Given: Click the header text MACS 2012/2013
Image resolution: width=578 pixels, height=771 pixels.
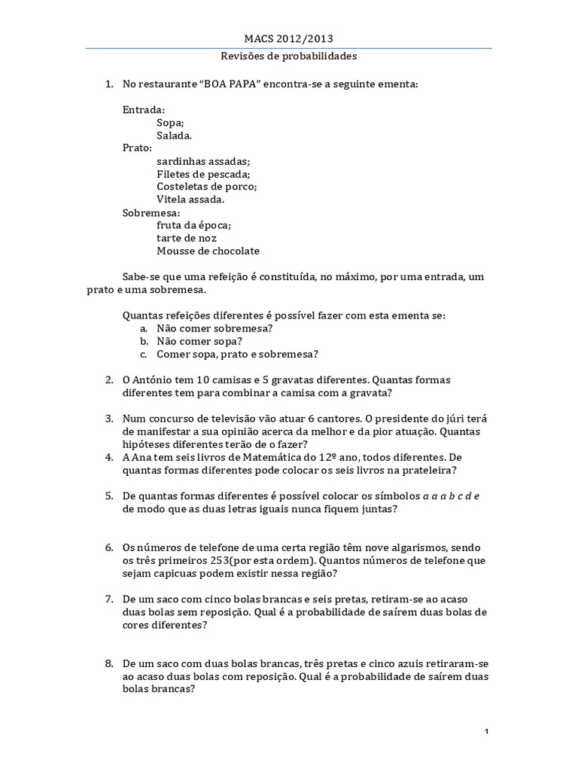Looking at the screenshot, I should coord(289,38).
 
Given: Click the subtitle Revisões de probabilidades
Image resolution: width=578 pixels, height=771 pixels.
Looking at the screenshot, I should coord(289,56).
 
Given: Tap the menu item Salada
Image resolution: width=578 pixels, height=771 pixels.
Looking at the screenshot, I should coord(175,136).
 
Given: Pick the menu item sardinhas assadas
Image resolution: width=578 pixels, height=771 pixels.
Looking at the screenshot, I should coord(204,161).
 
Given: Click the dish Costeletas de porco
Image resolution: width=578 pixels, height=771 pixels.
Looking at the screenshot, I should coord(207,187).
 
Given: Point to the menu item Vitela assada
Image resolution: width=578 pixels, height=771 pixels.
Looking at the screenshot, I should coord(190,200).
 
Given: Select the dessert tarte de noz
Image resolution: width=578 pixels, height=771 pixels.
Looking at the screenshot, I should coord(187,238).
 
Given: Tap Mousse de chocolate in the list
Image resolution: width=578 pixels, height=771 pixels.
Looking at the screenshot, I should coord(208,251).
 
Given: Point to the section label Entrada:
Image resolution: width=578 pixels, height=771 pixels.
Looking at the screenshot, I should coord(144,109).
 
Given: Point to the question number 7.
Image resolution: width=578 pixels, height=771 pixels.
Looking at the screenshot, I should coord(109,599).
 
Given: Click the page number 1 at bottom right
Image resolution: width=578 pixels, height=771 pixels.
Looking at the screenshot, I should coord(487,732).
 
